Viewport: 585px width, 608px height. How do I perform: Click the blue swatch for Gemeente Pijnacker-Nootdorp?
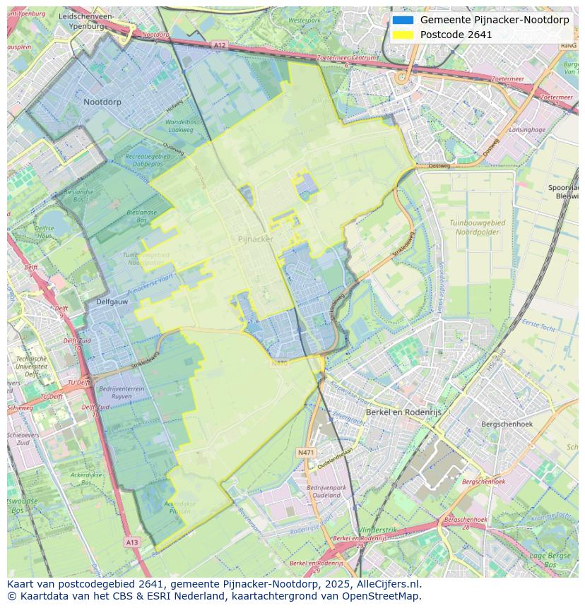pyautogui.click(x=403, y=20)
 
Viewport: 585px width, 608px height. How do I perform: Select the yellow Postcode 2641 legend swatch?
pyautogui.click(x=403, y=35)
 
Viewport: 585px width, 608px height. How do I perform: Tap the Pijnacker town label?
pyautogui.click(x=255, y=239)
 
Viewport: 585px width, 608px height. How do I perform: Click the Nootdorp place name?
pyautogui.click(x=102, y=102)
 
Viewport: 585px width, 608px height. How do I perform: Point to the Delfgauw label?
pyautogui.click(x=112, y=302)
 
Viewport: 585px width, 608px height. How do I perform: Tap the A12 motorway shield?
pyautogui.click(x=219, y=45)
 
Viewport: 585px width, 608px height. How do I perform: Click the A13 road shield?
pyautogui.click(x=131, y=542)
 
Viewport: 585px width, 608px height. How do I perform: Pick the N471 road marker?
pyautogui.click(x=306, y=451)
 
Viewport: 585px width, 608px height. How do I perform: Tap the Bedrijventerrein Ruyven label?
pyautogui.click(x=122, y=393)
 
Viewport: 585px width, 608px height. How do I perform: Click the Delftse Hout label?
pyautogui.click(x=45, y=232)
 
